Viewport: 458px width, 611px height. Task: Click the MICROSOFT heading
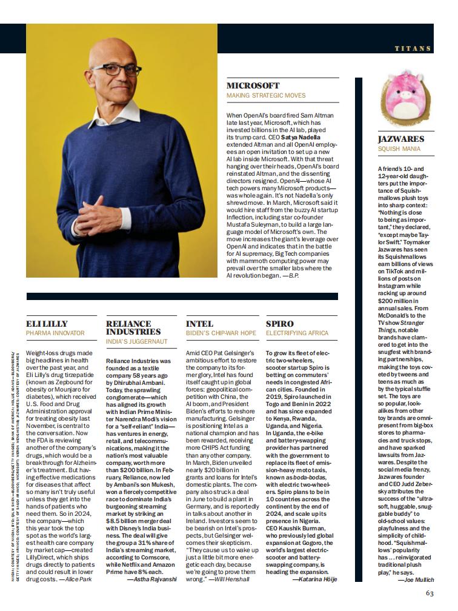(253, 86)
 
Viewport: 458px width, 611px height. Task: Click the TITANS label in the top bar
(413, 48)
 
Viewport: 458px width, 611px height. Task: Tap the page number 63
(430, 593)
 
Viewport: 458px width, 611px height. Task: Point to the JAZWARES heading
(400, 139)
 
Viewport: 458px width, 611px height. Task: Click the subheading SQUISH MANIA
(398, 148)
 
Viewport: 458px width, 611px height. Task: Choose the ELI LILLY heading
(47, 324)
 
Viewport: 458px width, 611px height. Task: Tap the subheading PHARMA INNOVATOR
(55, 333)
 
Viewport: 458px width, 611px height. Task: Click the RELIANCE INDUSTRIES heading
(133, 327)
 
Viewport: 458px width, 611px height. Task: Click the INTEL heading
(199, 324)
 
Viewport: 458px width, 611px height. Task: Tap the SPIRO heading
(279, 324)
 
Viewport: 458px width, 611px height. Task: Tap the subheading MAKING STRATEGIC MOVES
(266, 95)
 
